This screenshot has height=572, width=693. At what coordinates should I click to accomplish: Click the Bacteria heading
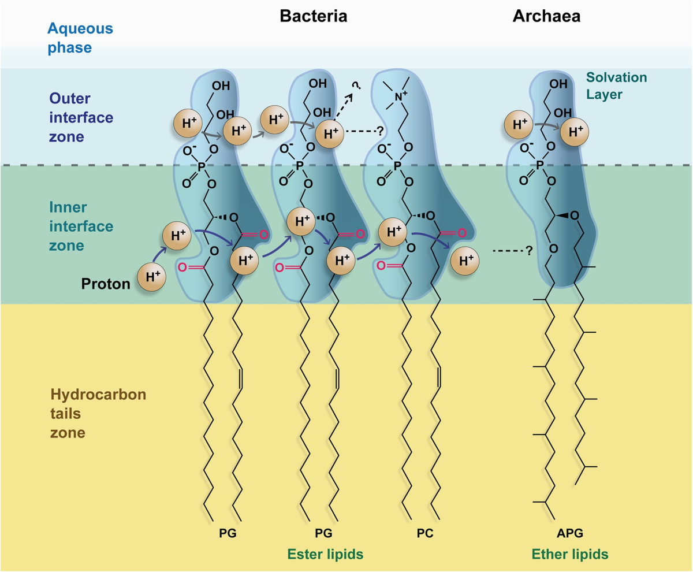313,16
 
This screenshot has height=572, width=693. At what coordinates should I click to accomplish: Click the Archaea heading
546,16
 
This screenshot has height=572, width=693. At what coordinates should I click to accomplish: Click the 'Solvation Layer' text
616,84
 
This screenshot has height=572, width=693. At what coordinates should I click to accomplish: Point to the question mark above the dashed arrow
356,86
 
